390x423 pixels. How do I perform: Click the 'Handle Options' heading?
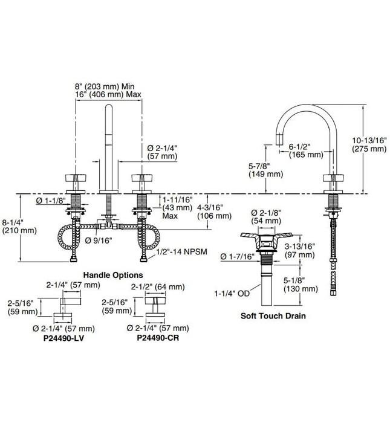click(x=112, y=274)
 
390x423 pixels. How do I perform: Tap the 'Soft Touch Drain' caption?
click(x=273, y=315)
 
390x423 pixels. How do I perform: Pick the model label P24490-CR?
click(x=158, y=338)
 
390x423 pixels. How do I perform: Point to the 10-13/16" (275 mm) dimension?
click(x=370, y=144)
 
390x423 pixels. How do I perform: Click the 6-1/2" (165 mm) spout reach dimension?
click(x=305, y=150)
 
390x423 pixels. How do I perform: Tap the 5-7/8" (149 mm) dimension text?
click(x=265, y=170)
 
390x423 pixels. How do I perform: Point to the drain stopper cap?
click(x=264, y=237)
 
